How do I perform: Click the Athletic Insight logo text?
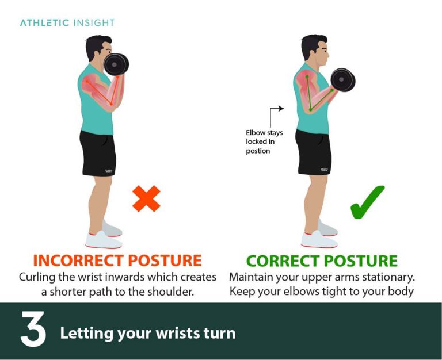click(67, 23)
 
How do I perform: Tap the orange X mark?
click(146, 198)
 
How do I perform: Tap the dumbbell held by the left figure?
click(116, 64)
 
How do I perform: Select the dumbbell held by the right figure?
click(344, 80)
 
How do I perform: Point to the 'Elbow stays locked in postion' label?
click(264, 141)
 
